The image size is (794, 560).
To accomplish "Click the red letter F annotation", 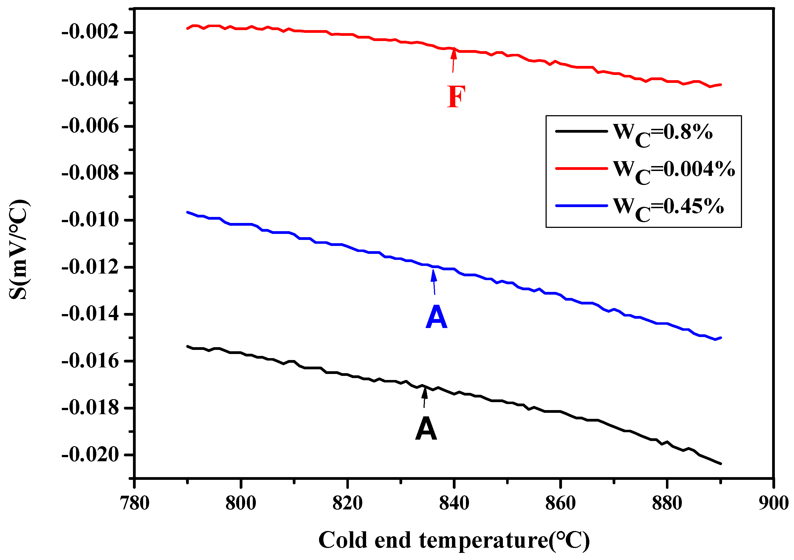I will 456,97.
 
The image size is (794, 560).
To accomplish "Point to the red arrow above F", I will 453,60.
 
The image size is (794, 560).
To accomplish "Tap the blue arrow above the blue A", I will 434,282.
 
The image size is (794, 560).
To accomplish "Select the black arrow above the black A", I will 425,397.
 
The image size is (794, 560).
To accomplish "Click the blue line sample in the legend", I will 581,206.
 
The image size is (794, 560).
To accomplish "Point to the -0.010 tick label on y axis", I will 90,220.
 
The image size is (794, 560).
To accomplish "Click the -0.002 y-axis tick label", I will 90,32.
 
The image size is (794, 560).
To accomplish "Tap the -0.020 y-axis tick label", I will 90,455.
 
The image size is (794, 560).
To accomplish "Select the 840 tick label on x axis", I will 454,504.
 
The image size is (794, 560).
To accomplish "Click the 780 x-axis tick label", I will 135,504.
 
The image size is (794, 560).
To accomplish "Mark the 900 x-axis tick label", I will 773,504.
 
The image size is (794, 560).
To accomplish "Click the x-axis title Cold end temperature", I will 454,540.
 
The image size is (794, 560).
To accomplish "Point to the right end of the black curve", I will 721,463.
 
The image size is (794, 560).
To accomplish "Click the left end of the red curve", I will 187,28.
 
